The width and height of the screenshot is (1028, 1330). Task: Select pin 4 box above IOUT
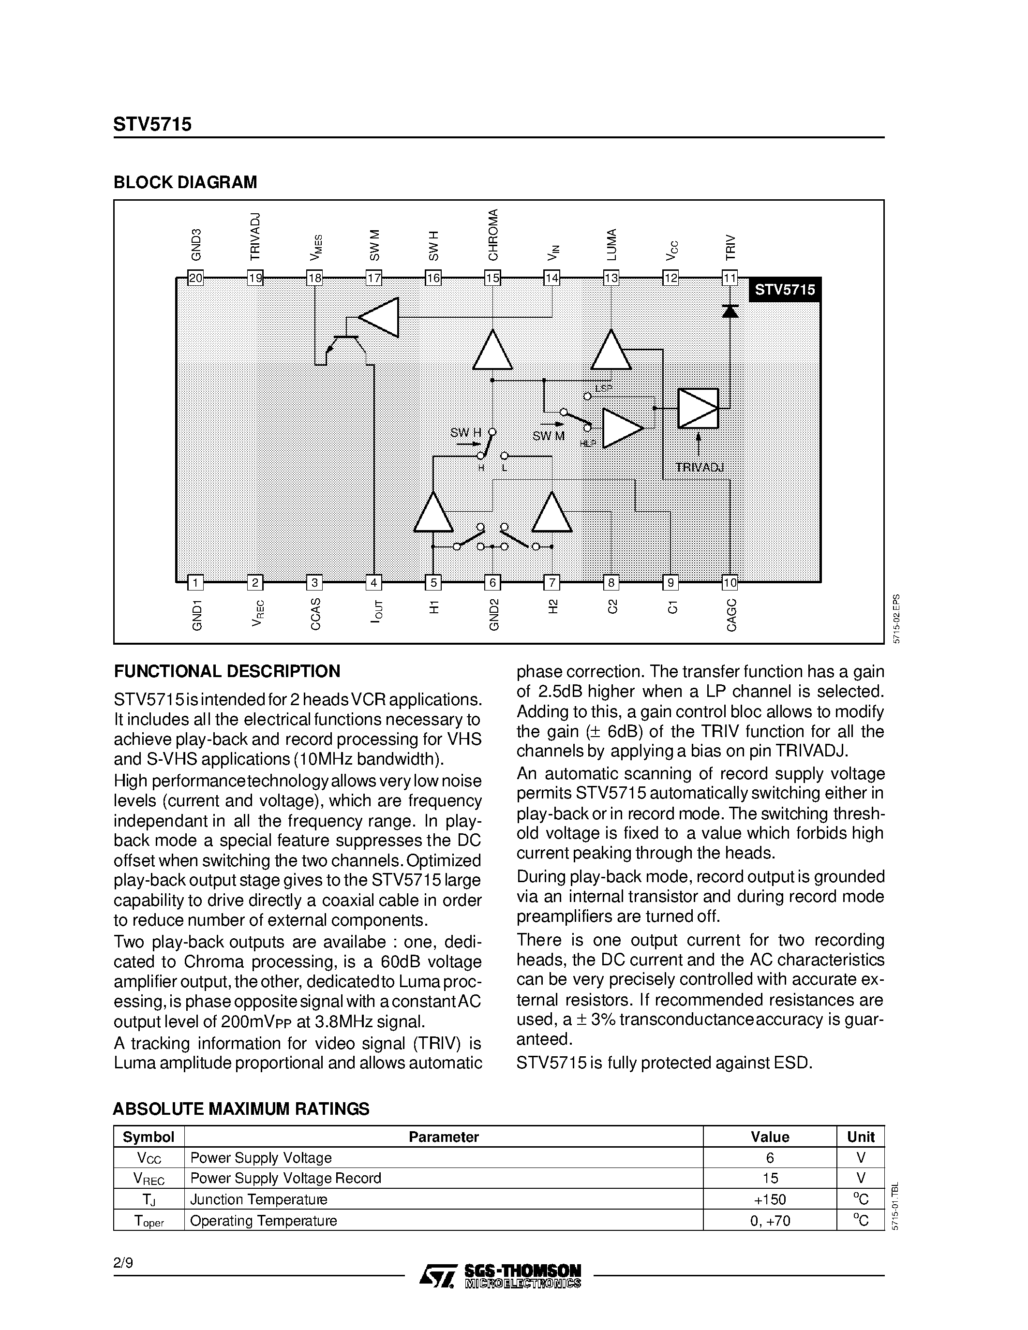point(373,583)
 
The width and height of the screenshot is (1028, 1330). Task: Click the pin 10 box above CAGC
point(730,583)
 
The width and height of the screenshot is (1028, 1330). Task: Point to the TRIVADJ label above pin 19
point(255,236)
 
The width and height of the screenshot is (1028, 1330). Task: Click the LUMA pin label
point(611,245)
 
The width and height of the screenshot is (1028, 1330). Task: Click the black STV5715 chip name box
point(784,290)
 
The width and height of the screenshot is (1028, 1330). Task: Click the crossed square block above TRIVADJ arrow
point(698,408)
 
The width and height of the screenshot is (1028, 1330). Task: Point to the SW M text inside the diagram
point(548,436)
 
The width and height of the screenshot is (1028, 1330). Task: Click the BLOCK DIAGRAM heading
point(185,182)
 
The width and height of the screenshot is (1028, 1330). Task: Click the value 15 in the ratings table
point(770,1178)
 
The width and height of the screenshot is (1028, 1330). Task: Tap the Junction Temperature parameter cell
point(259,1199)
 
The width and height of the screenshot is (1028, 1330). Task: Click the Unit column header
point(861,1137)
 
